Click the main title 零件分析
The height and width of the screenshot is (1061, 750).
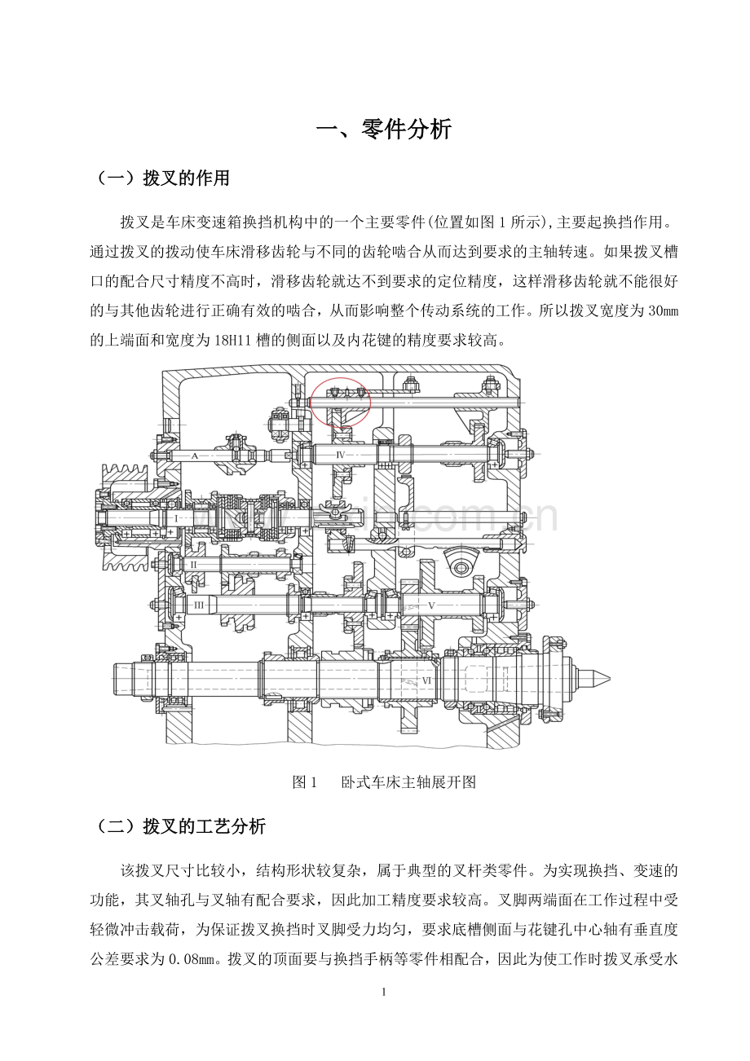tap(407, 130)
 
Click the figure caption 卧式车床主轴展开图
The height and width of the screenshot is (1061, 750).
tap(408, 782)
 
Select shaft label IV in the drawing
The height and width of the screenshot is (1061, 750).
tap(340, 456)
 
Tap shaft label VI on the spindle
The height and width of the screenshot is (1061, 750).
tap(426, 680)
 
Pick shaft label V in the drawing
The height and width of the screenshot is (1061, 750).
tap(431, 605)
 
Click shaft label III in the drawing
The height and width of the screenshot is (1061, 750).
tap(199, 605)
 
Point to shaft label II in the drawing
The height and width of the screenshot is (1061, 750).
tap(193, 565)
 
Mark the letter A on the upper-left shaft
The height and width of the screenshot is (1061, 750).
tap(194, 456)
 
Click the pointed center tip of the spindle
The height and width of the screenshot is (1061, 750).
tap(609, 679)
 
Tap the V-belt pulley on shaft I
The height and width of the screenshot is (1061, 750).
tap(124, 517)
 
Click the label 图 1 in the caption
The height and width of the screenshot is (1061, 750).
tap(304, 782)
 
